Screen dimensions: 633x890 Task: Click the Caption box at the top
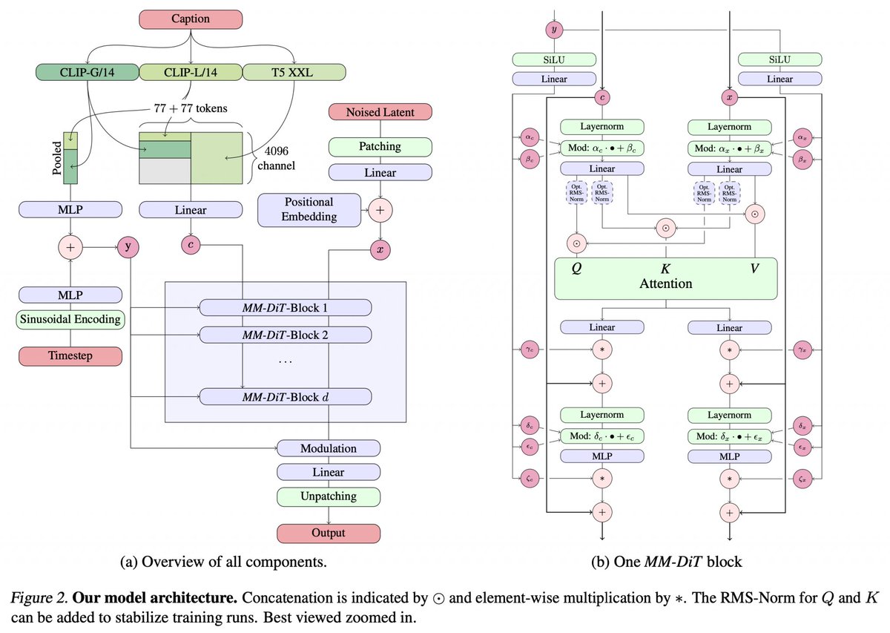[x=191, y=19]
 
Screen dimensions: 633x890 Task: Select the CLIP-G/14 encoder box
[x=87, y=72]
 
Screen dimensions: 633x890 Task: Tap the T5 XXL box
[x=294, y=72]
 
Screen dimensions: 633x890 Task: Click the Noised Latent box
[x=380, y=112]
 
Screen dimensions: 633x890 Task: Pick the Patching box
[x=380, y=147]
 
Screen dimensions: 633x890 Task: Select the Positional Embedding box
[x=309, y=210]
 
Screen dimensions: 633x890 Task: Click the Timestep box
[x=70, y=355]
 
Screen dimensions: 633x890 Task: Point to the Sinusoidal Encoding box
[x=70, y=321]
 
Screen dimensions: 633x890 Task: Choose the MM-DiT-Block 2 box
[x=286, y=335]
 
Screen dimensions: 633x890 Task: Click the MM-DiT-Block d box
[x=286, y=397]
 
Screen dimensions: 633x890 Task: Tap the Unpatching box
[x=329, y=496]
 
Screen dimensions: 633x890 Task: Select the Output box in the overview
[x=329, y=533]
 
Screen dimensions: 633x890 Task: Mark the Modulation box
[x=329, y=448]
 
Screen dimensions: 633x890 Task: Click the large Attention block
[x=665, y=278]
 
